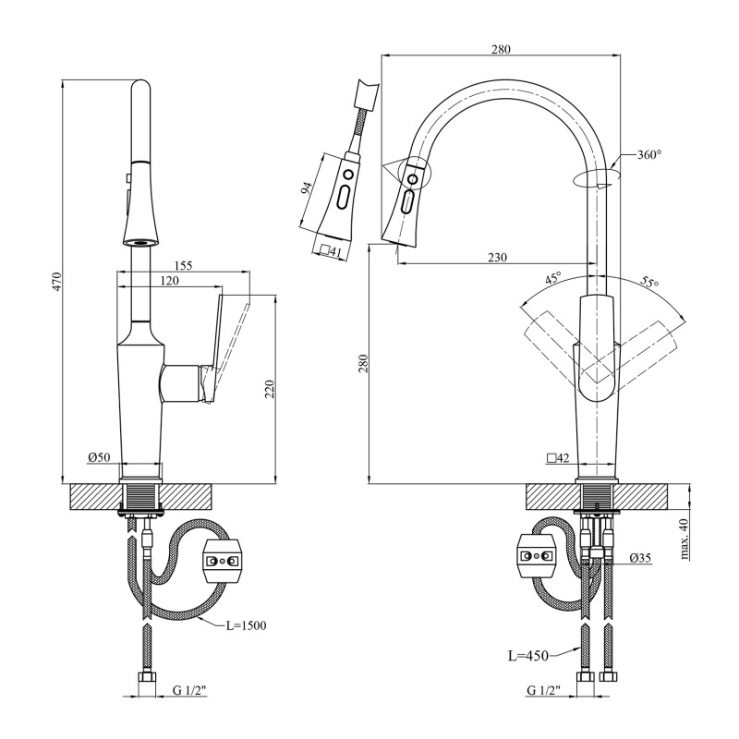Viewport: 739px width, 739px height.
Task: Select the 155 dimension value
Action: pyautogui.click(x=182, y=265)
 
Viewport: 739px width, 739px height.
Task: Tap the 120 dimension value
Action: pyautogui.click(x=168, y=280)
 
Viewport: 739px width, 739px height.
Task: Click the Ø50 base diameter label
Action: pyautogui.click(x=100, y=457)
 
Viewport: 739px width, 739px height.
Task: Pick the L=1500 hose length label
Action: pyautogui.click(x=246, y=625)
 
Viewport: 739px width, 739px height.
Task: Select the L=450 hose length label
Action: pyautogui.click(x=527, y=656)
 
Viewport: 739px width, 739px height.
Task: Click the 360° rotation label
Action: pyautogui.click(x=649, y=154)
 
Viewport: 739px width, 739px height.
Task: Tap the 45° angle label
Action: pyautogui.click(x=552, y=278)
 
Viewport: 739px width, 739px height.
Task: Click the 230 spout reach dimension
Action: pyautogui.click(x=497, y=258)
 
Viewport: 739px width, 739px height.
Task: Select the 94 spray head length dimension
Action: pyautogui.click(x=306, y=188)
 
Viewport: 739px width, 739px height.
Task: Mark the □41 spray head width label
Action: pyautogui.click(x=328, y=249)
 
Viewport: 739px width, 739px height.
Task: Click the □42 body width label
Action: pyautogui.click(x=557, y=457)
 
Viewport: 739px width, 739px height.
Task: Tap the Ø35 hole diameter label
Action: pyautogui.click(x=640, y=558)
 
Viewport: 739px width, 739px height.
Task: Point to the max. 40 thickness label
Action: pyautogui.click(x=684, y=537)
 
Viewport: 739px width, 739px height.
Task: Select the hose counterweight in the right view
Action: pyautogui.click(x=536, y=556)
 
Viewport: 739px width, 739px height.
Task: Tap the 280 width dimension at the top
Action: pyautogui.click(x=501, y=49)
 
